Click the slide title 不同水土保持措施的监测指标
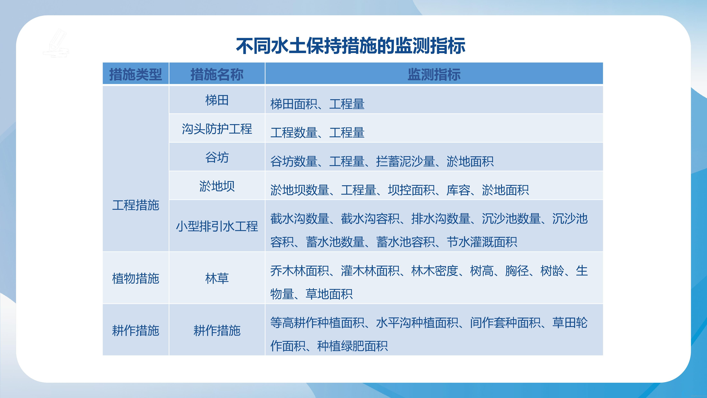click(350, 46)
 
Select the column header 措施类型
click(136, 74)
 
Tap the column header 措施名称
click(217, 74)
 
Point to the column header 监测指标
click(434, 74)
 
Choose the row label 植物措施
click(136, 278)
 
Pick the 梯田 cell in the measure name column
click(217, 100)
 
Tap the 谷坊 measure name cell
click(217, 157)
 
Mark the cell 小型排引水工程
click(217, 226)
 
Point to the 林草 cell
click(217, 278)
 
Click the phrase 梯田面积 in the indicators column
click(294, 104)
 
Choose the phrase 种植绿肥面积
click(352, 346)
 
